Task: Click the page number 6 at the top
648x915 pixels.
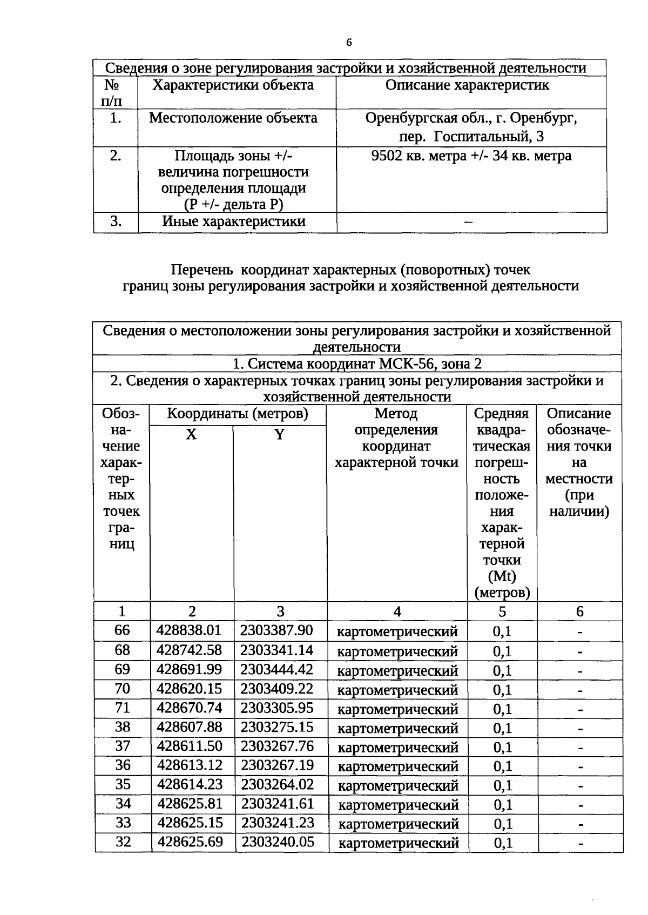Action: (x=349, y=43)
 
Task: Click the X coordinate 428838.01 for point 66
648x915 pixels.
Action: (x=189, y=630)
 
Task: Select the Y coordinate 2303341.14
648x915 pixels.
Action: (x=276, y=650)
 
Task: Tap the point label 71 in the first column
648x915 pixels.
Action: (x=123, y=708)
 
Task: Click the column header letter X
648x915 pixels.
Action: (x=191, y=435)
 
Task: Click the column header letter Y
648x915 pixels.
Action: (x=279, y=435)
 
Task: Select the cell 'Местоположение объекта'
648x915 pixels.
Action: (x=233, y=118)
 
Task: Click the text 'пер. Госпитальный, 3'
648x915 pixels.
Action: (x=471, y=137)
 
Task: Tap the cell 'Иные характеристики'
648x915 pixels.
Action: (x=233, y=221)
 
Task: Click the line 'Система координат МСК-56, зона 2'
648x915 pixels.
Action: (x=356, y=364)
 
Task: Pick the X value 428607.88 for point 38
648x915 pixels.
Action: (x=190, y=726)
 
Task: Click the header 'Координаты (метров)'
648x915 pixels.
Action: (x=238, y=414)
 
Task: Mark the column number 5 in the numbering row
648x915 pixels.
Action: (x=502, y=611)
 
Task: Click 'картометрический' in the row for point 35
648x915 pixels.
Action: (x=398, y=785)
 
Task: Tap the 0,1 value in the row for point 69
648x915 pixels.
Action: (x=502, y=670)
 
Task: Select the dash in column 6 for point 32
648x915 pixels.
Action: (x=580, y=843)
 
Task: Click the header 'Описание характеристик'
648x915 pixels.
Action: (x=467, y=85)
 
